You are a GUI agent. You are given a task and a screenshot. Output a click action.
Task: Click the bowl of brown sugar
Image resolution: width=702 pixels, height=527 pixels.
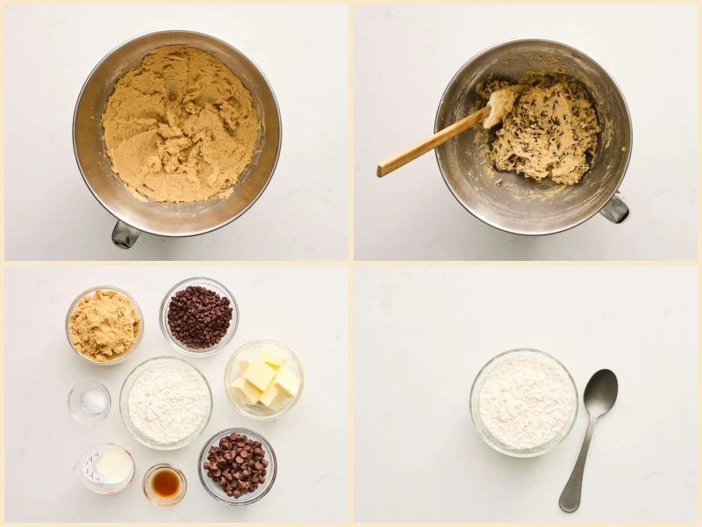[104, 325]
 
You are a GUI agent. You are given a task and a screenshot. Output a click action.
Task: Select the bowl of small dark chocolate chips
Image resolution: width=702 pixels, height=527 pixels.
[199, 316]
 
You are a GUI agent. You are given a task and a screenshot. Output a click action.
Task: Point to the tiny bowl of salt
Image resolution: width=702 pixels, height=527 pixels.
[90, 401]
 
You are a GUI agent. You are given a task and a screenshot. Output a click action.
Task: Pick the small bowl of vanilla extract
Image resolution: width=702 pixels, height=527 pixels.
[165, 484]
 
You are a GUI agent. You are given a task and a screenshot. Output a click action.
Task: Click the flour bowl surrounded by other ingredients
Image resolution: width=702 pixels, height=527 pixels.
[167, 402]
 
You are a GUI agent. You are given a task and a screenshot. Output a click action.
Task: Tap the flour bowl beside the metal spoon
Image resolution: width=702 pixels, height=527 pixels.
[524, 402]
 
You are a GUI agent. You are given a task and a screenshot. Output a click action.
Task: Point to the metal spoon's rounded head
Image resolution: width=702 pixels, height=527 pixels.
[600, 391]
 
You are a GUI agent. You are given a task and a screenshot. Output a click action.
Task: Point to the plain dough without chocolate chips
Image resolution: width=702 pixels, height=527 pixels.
[180, 123]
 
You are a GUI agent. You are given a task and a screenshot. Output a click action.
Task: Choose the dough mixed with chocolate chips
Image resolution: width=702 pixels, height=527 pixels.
[544, 132]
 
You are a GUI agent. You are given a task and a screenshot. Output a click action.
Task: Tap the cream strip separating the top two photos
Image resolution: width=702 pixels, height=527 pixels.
[351, 132]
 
